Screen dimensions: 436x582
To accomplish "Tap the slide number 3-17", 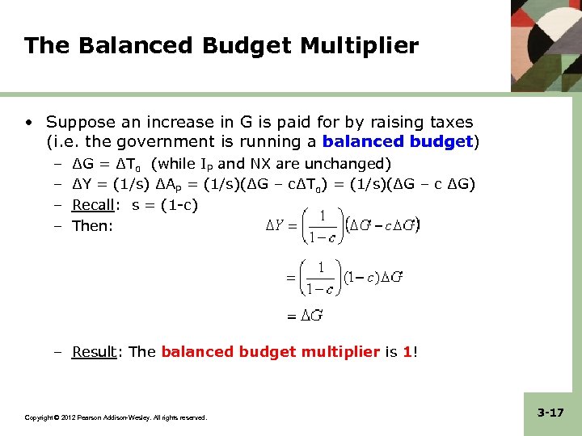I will click(x=550, y=413).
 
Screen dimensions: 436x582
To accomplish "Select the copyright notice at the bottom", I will click(x=116, y=417).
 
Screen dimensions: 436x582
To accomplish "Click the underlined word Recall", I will click(x=94, y=205).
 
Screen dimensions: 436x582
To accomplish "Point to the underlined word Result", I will click(x=94, y=351).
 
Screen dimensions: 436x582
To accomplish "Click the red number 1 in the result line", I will click(x=407, y=351).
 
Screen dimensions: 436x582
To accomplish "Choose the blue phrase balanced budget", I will click(x=397, y=143).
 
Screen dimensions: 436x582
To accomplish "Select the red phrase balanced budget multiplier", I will click(x=271, y=351).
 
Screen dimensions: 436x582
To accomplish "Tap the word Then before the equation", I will click(x=91, y=225).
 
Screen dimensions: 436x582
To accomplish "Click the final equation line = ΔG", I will click(x=305, y=316).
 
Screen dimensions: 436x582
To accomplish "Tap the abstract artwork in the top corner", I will click(x=546, y=45).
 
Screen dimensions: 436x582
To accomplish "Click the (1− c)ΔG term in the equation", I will click(x=373, y=277).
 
